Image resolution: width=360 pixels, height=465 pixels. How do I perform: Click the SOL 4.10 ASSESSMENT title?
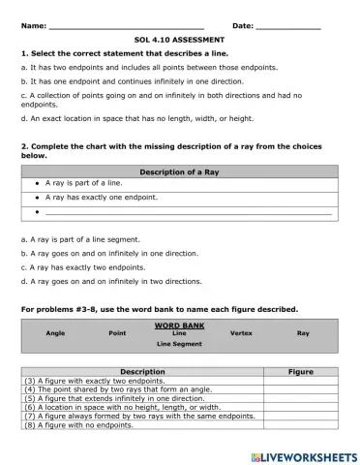click(179, 40)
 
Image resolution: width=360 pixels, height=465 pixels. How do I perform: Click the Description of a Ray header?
click(179, 170)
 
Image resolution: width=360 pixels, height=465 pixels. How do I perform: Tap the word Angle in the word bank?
click(55, 332)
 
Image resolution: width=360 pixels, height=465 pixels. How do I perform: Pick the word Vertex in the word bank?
click(241, 332)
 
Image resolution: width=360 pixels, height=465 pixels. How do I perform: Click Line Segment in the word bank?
click(178, 344)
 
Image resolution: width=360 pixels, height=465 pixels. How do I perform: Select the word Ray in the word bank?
click(303, 332)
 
